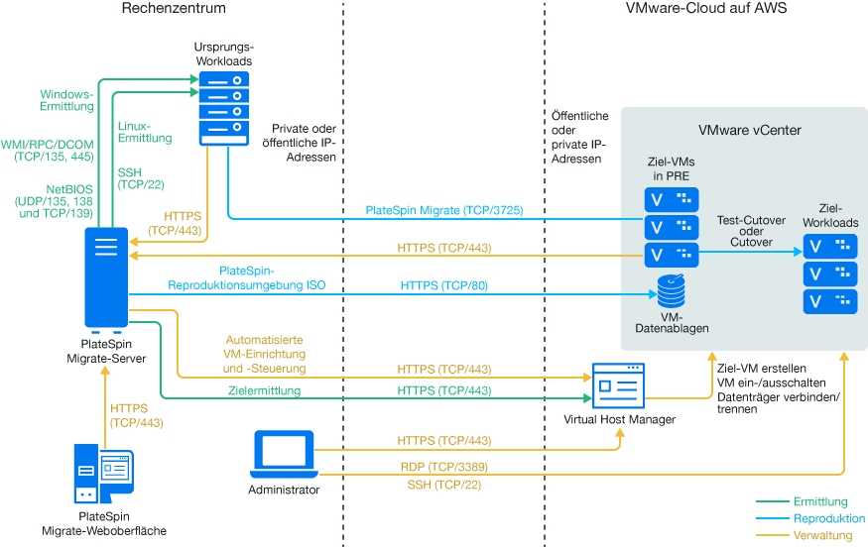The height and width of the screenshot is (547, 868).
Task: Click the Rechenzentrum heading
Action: pyautogui.click(x=174, y=9)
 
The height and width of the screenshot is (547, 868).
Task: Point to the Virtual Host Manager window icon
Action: pyautogui.click(x=618, y=386)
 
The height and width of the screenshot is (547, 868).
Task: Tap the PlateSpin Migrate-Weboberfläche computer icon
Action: pyautogui.click(x=103, y=476)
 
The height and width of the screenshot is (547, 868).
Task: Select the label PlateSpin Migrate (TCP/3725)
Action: pyautogui.click(x=443, y=210)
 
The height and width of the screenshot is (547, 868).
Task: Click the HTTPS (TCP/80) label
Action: pyautogui.click(x=444, y=285)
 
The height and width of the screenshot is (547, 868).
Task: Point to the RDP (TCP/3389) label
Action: pyautogui.click(x=444, y=466)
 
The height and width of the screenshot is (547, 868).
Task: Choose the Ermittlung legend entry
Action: pyautogui.click(x=820, y=502)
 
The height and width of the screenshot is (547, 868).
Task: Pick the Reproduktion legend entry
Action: pyautogui.click(x=829, y=518)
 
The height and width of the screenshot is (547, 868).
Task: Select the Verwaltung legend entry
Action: pyautogui.click(x=823, y=535)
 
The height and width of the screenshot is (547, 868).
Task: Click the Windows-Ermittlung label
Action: pyautogui.click(x=66, y=100)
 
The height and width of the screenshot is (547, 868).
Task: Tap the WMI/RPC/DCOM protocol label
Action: pyautogui.click(x=49, y=150)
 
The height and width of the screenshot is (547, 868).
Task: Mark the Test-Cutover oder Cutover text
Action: pyautogui.click(x=750, y=234)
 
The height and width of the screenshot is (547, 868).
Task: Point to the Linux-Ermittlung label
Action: pyautogui.click(x=145, y=132)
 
